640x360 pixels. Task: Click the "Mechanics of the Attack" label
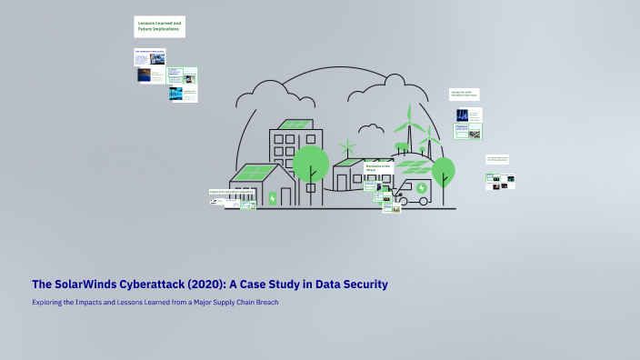377,167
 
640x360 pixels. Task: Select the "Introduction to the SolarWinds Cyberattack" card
464,94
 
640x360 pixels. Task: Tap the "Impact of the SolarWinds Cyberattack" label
232,192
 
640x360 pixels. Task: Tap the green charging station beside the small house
272,197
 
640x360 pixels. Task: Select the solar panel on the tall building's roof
295,124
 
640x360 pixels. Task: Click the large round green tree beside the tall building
310,164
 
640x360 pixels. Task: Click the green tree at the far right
443,172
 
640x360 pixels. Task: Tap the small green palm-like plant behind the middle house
346,145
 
